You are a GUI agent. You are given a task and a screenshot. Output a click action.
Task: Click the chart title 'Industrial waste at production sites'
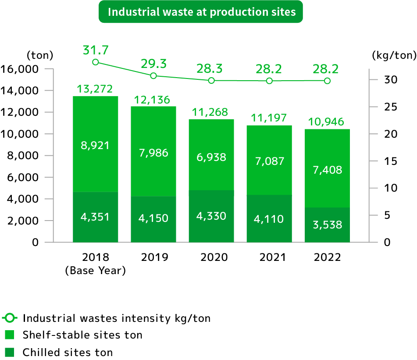tap(201, 12)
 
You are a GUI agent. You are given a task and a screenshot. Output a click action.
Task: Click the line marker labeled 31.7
tap(95, 62)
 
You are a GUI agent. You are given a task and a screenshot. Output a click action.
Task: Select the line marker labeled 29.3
tap(153, 76)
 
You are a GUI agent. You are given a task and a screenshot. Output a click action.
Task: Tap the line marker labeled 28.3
tap(211, 81)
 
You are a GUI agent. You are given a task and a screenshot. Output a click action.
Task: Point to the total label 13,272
tap(95, 89)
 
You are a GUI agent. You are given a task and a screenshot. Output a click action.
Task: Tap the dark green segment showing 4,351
tap(95, 217)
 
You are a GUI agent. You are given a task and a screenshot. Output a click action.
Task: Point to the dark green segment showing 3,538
tap(327, 225)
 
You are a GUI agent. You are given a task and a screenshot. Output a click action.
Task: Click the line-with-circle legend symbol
tap(10, 317)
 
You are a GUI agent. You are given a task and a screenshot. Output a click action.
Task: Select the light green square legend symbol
tap(10, 335)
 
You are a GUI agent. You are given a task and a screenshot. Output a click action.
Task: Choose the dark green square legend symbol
tap(10, 352)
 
